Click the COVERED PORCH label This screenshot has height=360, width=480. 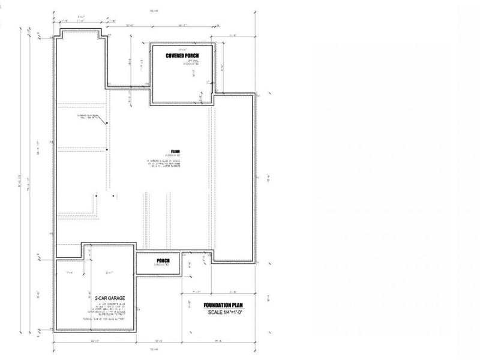[x=182, y=56]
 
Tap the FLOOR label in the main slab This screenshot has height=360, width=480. [x=175, y=151]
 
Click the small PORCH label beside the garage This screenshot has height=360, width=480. [x=163, y=260]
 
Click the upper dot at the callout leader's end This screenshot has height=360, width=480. [x=107, y=124]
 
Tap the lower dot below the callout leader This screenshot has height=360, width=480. [x=107, y=149]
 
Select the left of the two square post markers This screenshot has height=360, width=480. [x=97, y=194]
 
